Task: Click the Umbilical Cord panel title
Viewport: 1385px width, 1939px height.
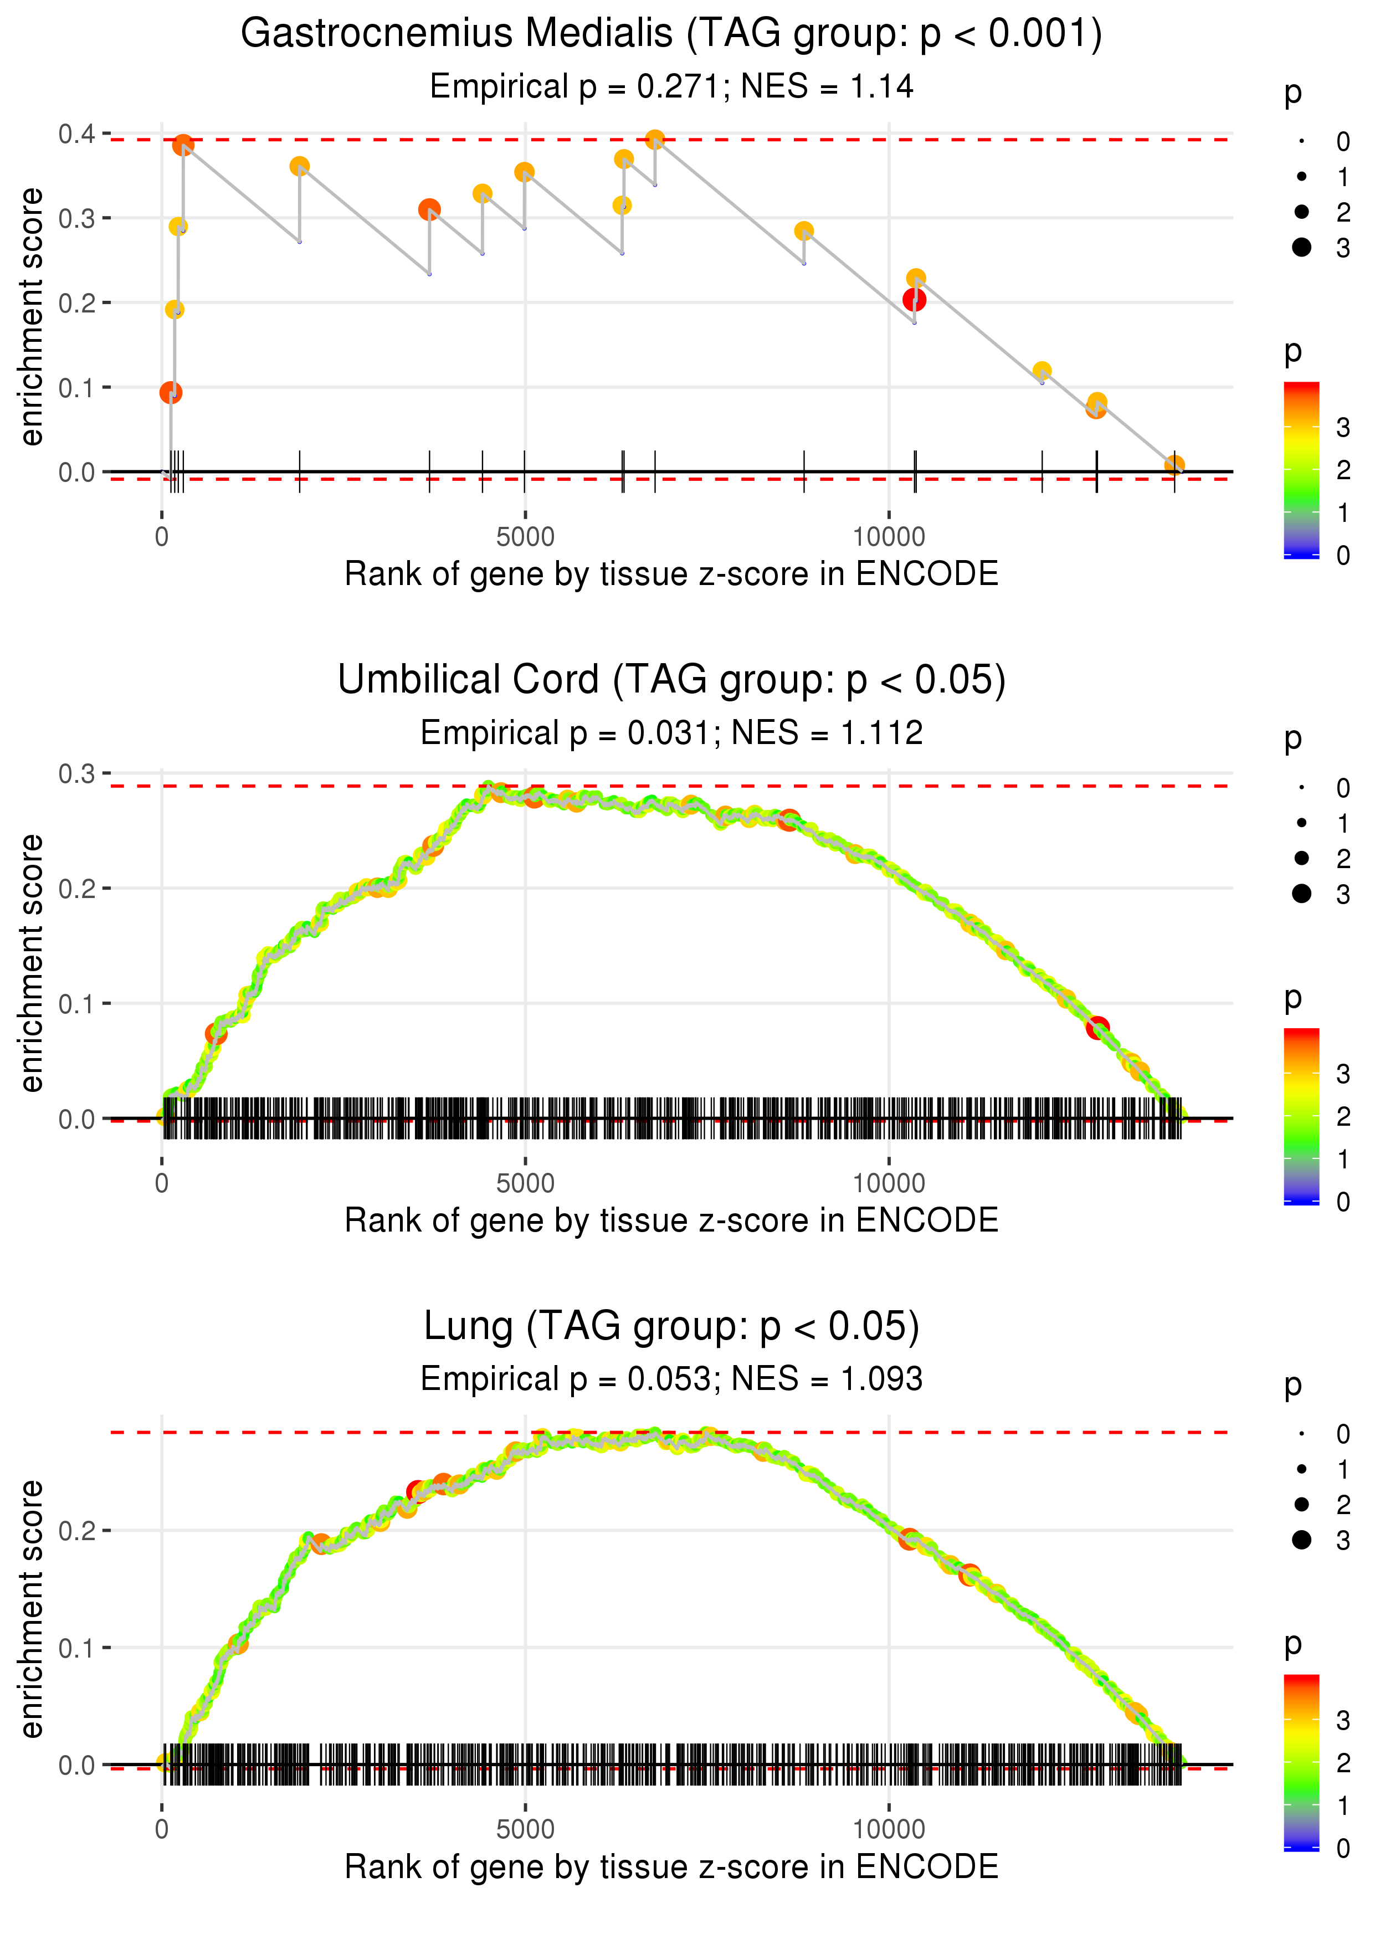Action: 671,680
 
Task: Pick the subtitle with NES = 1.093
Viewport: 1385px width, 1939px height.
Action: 671,1379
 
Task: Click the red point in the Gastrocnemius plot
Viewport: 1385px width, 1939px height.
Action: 914,299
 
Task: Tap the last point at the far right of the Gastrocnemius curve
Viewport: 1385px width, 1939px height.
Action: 1174,465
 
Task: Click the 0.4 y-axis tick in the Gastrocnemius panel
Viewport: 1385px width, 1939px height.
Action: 77,134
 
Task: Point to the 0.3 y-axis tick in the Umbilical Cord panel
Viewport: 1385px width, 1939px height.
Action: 77,773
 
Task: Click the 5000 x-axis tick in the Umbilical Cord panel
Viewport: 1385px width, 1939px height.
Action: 525,1183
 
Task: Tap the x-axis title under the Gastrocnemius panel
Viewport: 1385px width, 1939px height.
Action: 671,574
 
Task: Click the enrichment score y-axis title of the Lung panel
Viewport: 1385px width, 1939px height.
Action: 32,1609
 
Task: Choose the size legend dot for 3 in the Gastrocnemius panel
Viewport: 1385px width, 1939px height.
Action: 1301,247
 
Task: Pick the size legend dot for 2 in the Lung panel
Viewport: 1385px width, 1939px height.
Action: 1301,1504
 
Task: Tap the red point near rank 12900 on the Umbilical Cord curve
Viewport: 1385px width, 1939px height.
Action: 1097,1028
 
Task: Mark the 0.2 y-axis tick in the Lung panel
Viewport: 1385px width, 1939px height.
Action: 77,1531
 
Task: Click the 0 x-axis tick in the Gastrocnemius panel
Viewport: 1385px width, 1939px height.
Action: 162,537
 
